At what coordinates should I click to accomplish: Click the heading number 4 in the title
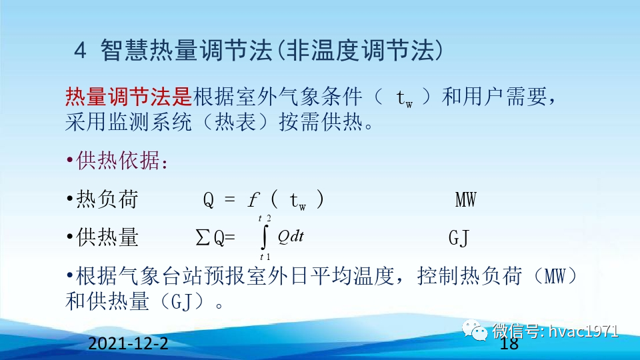80,51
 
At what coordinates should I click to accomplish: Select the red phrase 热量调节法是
129,98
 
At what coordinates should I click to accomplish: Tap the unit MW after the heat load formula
465,199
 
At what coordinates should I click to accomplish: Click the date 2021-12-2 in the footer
128,345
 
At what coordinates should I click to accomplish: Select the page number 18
509,344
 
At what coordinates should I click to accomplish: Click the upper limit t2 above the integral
265,219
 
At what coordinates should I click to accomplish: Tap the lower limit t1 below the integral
265,257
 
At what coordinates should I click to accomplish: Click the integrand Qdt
291,236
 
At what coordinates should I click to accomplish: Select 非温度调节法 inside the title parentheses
357,51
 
